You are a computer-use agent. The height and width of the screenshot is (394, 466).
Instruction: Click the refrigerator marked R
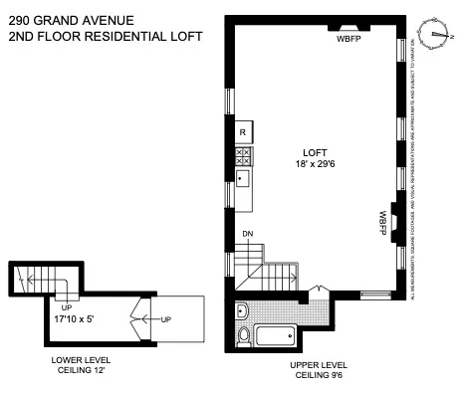pyautogui.click(x=242, y=131)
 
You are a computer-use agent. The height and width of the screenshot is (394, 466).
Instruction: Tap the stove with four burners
pyautogui.click(x=242, y=154)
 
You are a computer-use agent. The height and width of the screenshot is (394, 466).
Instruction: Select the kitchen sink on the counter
pyautogui.click(x=242, y=180)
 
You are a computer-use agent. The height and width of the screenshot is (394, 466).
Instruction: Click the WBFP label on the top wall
pyautogui.click(x=349, y=40)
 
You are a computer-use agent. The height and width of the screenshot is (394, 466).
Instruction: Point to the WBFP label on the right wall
pyautogui.click(x=381, y=222)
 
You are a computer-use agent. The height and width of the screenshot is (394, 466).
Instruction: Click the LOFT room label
pyautogui.click(x=314, y=152)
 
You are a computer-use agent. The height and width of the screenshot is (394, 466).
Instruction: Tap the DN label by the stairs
pyautogui.click(x=247, y=235)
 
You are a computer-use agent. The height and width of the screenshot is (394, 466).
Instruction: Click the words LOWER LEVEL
pyautogui.click(x=82, y=359)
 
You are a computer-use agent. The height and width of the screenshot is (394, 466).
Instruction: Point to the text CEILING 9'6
pyautogui.click(x=317, y=376)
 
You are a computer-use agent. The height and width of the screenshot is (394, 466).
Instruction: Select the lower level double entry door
pyautogui.click(x=139, y=318)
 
